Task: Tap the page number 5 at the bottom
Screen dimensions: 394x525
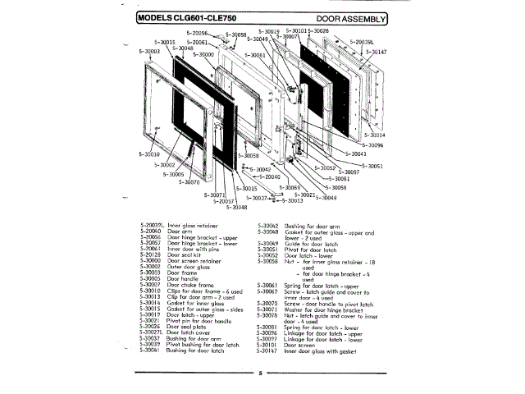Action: point(258,373)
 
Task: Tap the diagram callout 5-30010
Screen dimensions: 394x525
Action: point(149,153)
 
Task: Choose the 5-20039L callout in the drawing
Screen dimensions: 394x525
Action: point(362,41)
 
